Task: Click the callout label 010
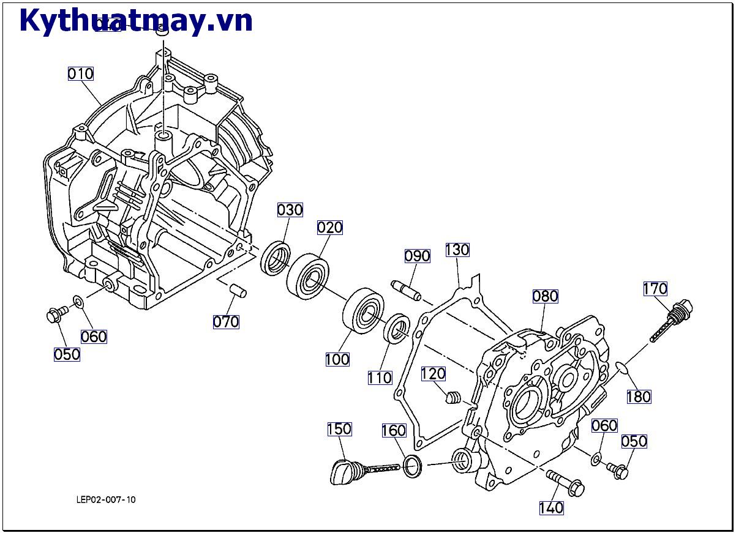(80, 74)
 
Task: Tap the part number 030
(290, 210)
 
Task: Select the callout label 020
(330, 228)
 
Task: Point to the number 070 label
(226, 321)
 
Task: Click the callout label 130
(457, 250)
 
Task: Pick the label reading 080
(545, 296)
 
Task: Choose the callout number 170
(655, 288)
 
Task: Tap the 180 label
(639, 397)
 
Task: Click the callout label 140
(551, 508)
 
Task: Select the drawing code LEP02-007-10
(106, 499)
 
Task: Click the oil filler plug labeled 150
(343, 472)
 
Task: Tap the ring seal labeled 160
(413, 467)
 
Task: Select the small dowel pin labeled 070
(238, 291)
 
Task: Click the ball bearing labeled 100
(362, 313)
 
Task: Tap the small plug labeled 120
(452, 398)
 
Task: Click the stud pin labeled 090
(406, 291)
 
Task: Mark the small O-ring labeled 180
(622, 367)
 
